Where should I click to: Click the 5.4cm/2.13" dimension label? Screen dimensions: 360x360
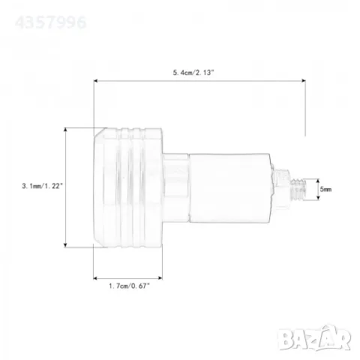[193, 73]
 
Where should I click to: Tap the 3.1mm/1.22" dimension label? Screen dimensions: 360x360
[43, 186]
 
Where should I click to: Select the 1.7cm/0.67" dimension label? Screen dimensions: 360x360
[129, 286]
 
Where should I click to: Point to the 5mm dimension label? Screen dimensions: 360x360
[325, 190]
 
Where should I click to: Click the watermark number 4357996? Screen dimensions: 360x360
[51, 22]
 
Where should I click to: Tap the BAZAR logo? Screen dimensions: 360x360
[314, 337]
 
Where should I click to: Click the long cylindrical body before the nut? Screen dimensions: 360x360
[229, 188]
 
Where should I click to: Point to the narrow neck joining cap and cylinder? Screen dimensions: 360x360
[175, 188]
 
